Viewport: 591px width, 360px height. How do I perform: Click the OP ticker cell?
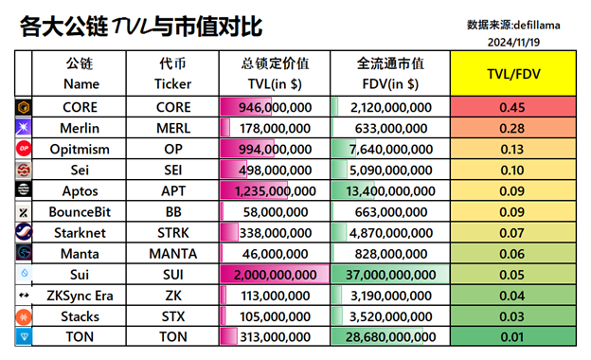coord(173,149)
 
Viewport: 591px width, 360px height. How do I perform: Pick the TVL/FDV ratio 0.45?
coord(512,107)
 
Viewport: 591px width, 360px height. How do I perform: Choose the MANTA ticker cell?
coord(173,253)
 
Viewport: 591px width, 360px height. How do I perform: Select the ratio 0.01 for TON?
coord(512,336)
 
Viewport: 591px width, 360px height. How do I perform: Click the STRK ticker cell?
coord(173,232)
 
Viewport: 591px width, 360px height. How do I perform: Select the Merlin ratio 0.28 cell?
coord(512,128)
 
